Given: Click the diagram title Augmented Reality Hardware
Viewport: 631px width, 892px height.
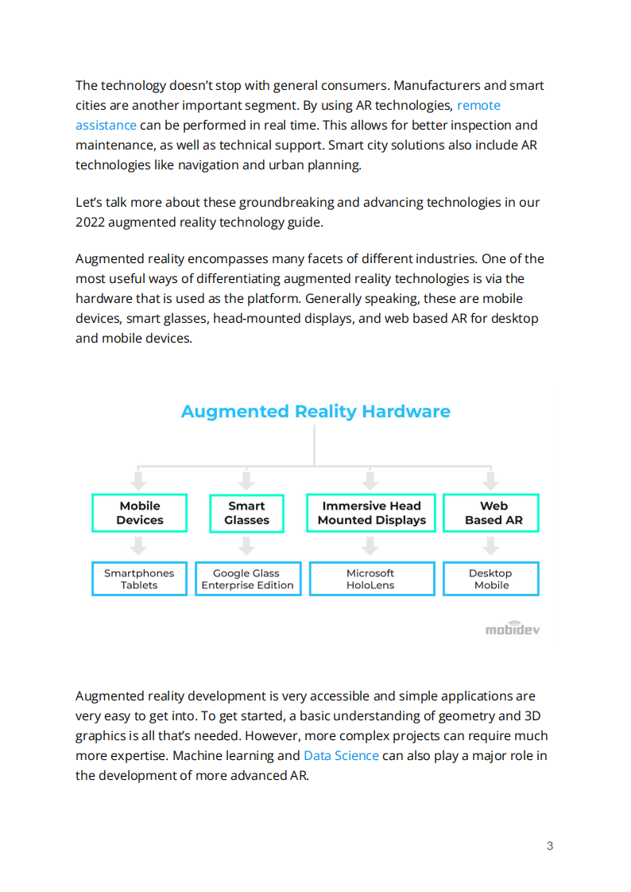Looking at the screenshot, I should [315, 411].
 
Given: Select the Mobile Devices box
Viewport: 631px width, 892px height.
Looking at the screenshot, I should [140, 513].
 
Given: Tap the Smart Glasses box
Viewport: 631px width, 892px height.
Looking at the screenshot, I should [246, 513].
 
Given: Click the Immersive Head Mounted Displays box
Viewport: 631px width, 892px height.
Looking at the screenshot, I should [371, 513].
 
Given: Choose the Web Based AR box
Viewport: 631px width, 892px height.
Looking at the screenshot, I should [491, 513].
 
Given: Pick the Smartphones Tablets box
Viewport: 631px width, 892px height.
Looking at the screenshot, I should [139, 579].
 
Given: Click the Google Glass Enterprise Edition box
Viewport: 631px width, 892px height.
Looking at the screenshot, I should [247, 579].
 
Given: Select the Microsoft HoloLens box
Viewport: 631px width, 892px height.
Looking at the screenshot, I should [370, 579].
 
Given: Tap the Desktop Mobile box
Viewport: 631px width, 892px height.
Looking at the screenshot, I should [491, 579].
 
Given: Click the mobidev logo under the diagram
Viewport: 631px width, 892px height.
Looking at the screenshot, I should [513, 628].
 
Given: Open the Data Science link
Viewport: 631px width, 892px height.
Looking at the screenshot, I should [341, 755].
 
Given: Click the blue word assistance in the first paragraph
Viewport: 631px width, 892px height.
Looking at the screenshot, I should [106, 125].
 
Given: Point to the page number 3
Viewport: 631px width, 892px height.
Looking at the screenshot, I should [550, 846].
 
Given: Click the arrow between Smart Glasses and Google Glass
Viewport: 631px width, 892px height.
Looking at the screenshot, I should [246, 546].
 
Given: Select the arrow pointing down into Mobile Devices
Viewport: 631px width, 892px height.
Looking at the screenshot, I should [139, 479].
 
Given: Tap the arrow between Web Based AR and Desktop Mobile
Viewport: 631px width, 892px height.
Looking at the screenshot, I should [491, 546].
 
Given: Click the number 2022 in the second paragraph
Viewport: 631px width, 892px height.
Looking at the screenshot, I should [90, 222].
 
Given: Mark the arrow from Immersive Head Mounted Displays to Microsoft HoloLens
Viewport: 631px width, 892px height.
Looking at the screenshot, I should [370, 546].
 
